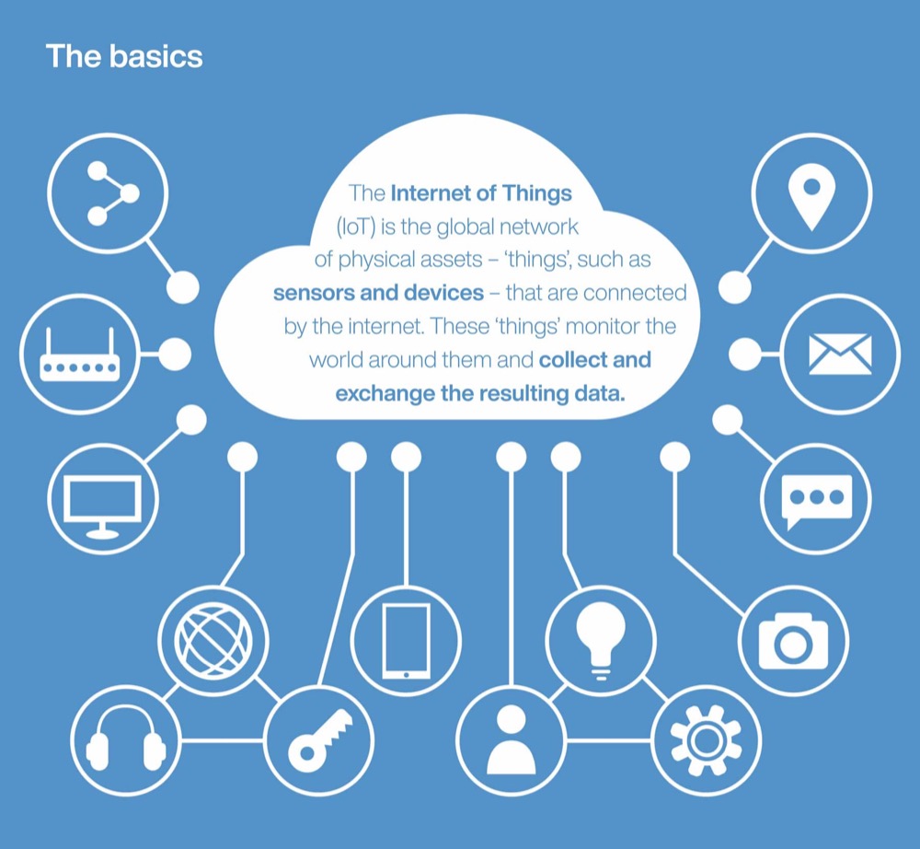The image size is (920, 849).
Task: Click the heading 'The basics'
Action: [124, 56]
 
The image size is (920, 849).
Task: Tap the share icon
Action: [112, 193]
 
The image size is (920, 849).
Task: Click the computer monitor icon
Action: [103, 506]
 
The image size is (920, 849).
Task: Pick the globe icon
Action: [213, 639]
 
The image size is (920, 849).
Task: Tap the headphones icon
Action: [125, 739]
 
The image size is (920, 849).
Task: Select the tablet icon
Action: [406, 642]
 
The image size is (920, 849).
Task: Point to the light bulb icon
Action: [600, 640]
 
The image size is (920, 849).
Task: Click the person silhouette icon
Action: [511, 740]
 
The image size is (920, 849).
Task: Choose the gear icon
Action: [706, 740]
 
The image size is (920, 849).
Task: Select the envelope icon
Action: [840, 354]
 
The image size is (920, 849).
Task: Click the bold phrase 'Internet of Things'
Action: [481, 193]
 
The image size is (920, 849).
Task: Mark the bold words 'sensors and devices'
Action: [378, 293]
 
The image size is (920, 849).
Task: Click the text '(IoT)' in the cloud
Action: [356, 227]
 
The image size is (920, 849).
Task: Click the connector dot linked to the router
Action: [175, 354]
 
